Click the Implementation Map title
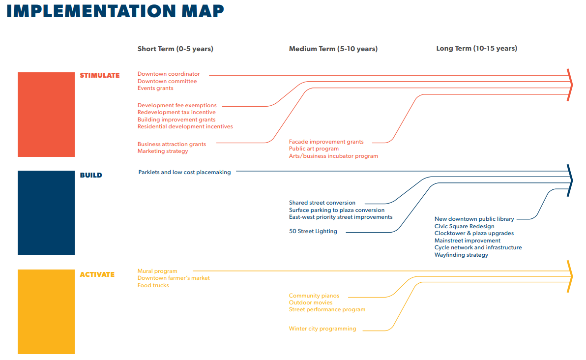(115, 11)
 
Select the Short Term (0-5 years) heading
(176, 49)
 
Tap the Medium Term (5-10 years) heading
(333, 49)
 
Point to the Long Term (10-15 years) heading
(476, 48)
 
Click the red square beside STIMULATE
(46, 115)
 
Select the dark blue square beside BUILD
(46, 213)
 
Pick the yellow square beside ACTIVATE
(46, 312)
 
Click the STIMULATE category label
(99, 75)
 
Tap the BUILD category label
(91, 175)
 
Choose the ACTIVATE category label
(97, 274)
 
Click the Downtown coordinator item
(169, 74)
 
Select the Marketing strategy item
(163, 151)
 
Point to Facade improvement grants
(326, 142)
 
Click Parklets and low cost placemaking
(185, 172)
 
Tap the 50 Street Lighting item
(313, 231)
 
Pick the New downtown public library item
(474, 219)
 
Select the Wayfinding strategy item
(461, 255)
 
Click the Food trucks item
(153, 285)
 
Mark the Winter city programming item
(322, 329)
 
